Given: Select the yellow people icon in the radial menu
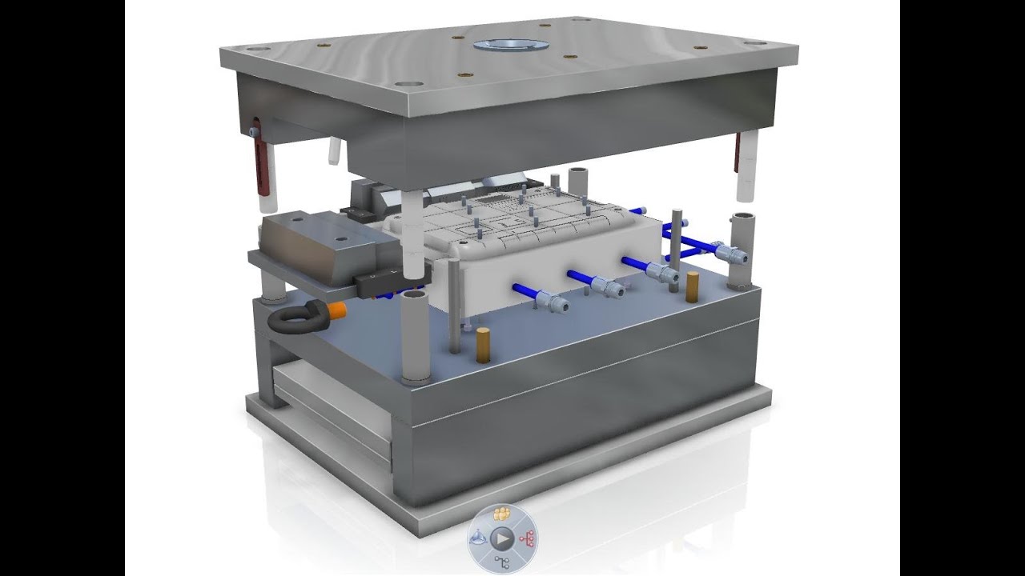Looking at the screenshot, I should tap(503, 514).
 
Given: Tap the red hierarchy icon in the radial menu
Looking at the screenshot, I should tap(528, 538).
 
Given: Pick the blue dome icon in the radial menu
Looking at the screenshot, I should tap(478, 538).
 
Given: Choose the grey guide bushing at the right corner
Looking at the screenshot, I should tap(740, 248).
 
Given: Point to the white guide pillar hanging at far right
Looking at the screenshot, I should tap(746, 166).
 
